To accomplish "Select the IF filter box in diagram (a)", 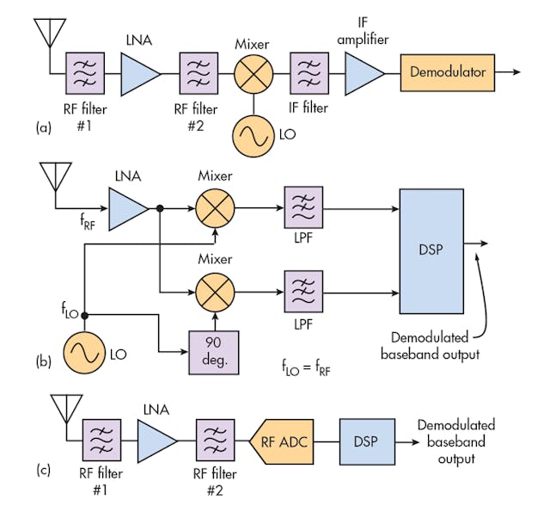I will point(309,71).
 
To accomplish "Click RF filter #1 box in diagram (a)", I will point(84,71).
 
